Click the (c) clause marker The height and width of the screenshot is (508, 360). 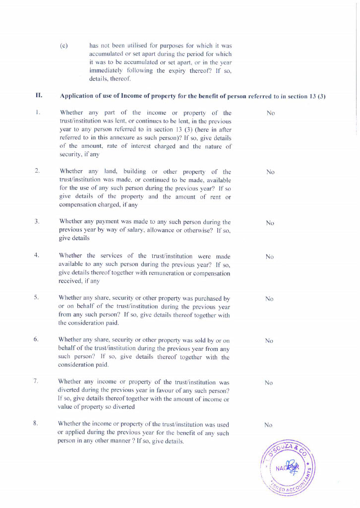coord(63,46)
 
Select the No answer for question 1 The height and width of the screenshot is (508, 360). coord(270,113)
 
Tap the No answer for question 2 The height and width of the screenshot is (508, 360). coord(270,172)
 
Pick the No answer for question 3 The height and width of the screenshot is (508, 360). coord(270,223)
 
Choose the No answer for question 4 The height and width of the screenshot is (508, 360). coord(270,257)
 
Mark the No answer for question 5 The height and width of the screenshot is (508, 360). coord(269,299)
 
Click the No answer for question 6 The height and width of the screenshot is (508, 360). coord(269,341)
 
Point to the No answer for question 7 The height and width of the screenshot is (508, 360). coord(269,383)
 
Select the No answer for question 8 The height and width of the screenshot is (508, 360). coord(268,425)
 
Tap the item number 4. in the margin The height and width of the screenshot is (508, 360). coord(37,255)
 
